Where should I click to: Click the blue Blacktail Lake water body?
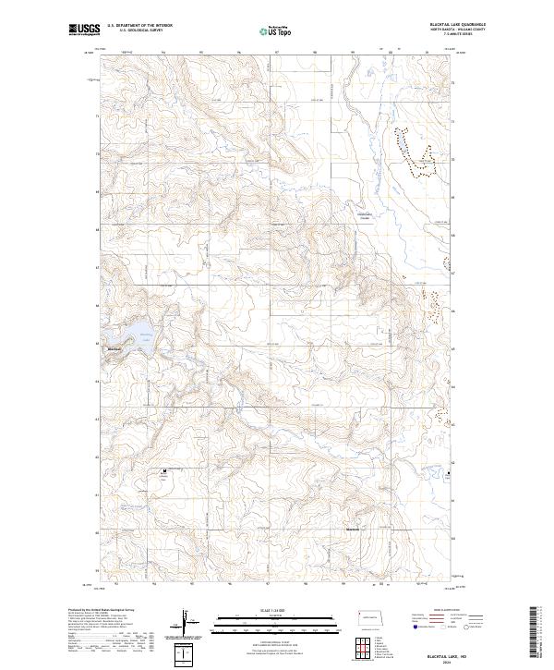[132, 333]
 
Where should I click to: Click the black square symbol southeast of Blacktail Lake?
[164, 471]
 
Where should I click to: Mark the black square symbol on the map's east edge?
[450, 474]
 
